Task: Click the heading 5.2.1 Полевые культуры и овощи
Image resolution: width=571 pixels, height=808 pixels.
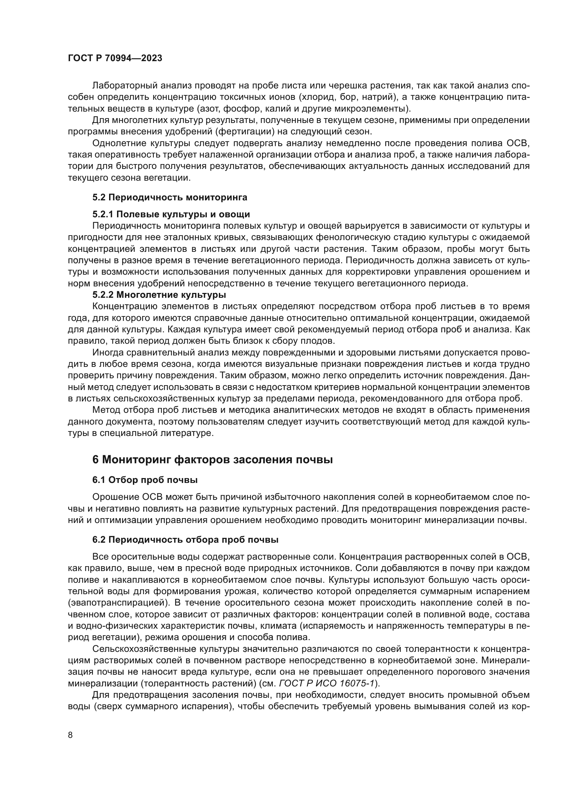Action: pyautogui.click(x=171, y=214)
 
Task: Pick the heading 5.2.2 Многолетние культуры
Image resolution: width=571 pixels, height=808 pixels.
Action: pyautogui.click(x=159, y=294)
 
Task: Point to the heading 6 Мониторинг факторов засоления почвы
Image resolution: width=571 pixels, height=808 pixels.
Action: pyautogui.click(x=212, y=459)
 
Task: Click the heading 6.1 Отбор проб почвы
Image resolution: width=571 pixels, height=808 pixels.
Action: pyautogui.click(x=145, y=480)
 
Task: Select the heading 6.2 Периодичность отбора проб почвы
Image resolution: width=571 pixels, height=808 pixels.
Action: pyautogui.click(x=185, y=540)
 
